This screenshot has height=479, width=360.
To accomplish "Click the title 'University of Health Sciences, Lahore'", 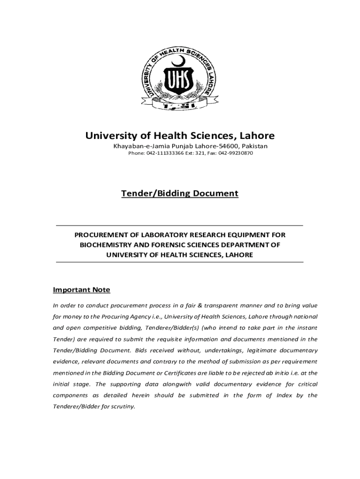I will pyautogui.click(x=180, y=136).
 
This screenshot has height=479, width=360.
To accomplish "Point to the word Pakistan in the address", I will pyautogui.click(x=254, y=146).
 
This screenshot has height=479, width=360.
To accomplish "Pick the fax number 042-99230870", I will pyautogui.click(x=236, y=153).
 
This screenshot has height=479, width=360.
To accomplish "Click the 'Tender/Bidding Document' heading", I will pyautogui.click(x=180, y=193).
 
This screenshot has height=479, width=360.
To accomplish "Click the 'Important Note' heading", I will pyautogui.click(x=81, y=290).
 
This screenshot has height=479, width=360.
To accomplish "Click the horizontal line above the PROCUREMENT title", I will pyautogui.click(x=180, y=225).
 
